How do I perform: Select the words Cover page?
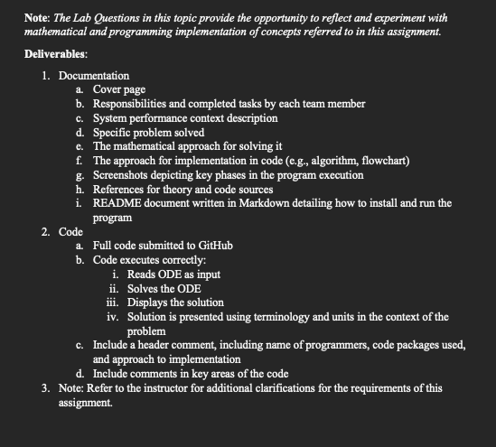[119, 90]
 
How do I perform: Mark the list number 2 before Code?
[45, 232]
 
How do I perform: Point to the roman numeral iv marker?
[112, 317]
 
